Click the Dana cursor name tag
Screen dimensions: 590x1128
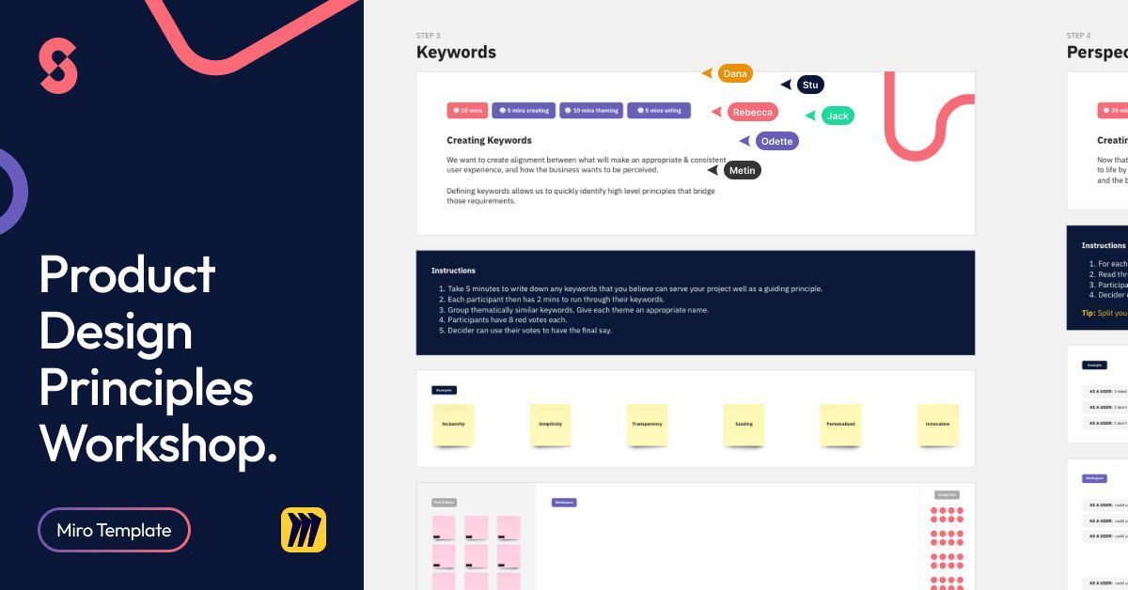pyautogui.click(x=735, y=73)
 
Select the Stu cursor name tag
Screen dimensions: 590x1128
pyautogui.click(x=810, y=85)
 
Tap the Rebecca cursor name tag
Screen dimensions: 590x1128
pyautogui.click(x=753, y=112)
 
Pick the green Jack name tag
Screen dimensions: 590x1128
pyautogui.click(x=838, y=116)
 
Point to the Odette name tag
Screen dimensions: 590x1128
pyautogui.click(x=777, y=141)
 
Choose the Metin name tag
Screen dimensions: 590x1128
pyautogui.click(x=743, y=170)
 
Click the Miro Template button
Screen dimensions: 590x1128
pyautogui.click(x=114, y=530)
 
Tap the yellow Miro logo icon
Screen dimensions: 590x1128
pyautogui.click(x=303, y=530)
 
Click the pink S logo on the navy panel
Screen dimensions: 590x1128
pyautogui.click(x=58, y=66)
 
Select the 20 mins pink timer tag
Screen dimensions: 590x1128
pyautogui.click(x=467, y=110)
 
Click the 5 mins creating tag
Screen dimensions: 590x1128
pyautogui.click(x=524, y=110)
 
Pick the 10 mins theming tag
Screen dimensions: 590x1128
pyautogui.click(x=591, y=110)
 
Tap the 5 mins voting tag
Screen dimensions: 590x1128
pyautogui.click(x=659, y=110)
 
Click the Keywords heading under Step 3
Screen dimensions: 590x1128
pyautogui.click(x=456, y=53)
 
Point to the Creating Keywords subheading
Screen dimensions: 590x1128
pyautogui.click(x=489, y=140)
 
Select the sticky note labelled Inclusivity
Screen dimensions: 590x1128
pyautogui.click(x=454, y=425)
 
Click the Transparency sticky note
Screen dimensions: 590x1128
pyautogui.click(x=647, y=425)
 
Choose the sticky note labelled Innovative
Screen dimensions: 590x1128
pyautogui.click(x=937, y=425)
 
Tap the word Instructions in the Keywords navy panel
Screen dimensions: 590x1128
pyautogui.click(x=453, y=271)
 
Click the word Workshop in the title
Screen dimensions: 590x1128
pyautogui.click(x=158, y=443)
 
